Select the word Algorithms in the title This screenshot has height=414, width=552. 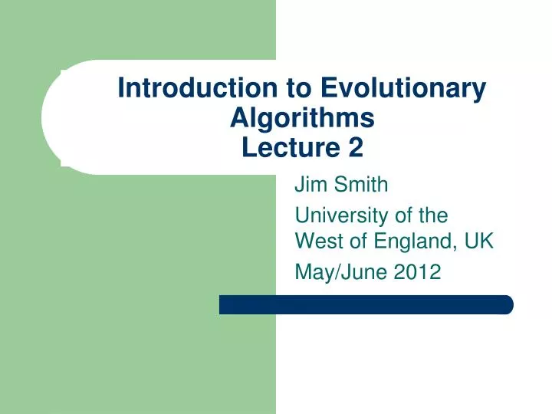pyautogui.click(x=302, y=118)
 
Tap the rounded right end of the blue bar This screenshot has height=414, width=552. pyautogui.click(x=507, y=304)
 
